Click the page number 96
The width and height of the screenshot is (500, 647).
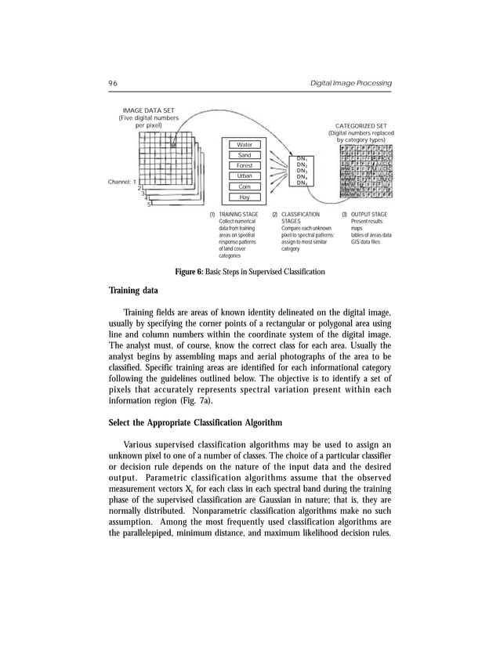coord(113,84)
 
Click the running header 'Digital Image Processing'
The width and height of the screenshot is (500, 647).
coord(351,84)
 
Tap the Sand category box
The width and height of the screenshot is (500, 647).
coord(245,155)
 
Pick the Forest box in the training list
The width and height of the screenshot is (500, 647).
coord(245,166)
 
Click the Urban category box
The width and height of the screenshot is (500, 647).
coord(245,177)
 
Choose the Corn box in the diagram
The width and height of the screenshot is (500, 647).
coord(245,187)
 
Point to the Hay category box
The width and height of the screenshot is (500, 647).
coord(245,198)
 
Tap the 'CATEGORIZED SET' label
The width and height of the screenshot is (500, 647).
coord(361,125)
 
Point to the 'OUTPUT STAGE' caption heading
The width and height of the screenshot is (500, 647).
coord(369,214)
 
